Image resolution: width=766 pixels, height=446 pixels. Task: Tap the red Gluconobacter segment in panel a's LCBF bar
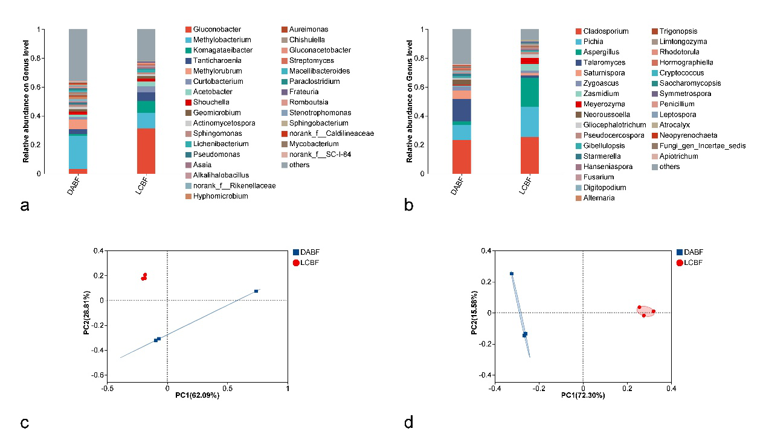point(146,151)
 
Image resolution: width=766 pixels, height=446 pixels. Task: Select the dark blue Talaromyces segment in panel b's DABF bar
point(462,110)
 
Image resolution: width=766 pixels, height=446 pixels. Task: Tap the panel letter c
point(25,422)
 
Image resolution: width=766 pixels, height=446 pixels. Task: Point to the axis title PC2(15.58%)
point(475,313)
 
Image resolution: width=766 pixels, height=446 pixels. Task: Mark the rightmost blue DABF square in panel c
point(256,291)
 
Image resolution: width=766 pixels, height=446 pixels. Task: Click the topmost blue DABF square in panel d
point(512,273)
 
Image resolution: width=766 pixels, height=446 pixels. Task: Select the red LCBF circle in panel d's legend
point(680,263)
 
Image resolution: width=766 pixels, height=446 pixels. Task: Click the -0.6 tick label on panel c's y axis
point(95,375)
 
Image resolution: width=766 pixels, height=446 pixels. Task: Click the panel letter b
point(409,206)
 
